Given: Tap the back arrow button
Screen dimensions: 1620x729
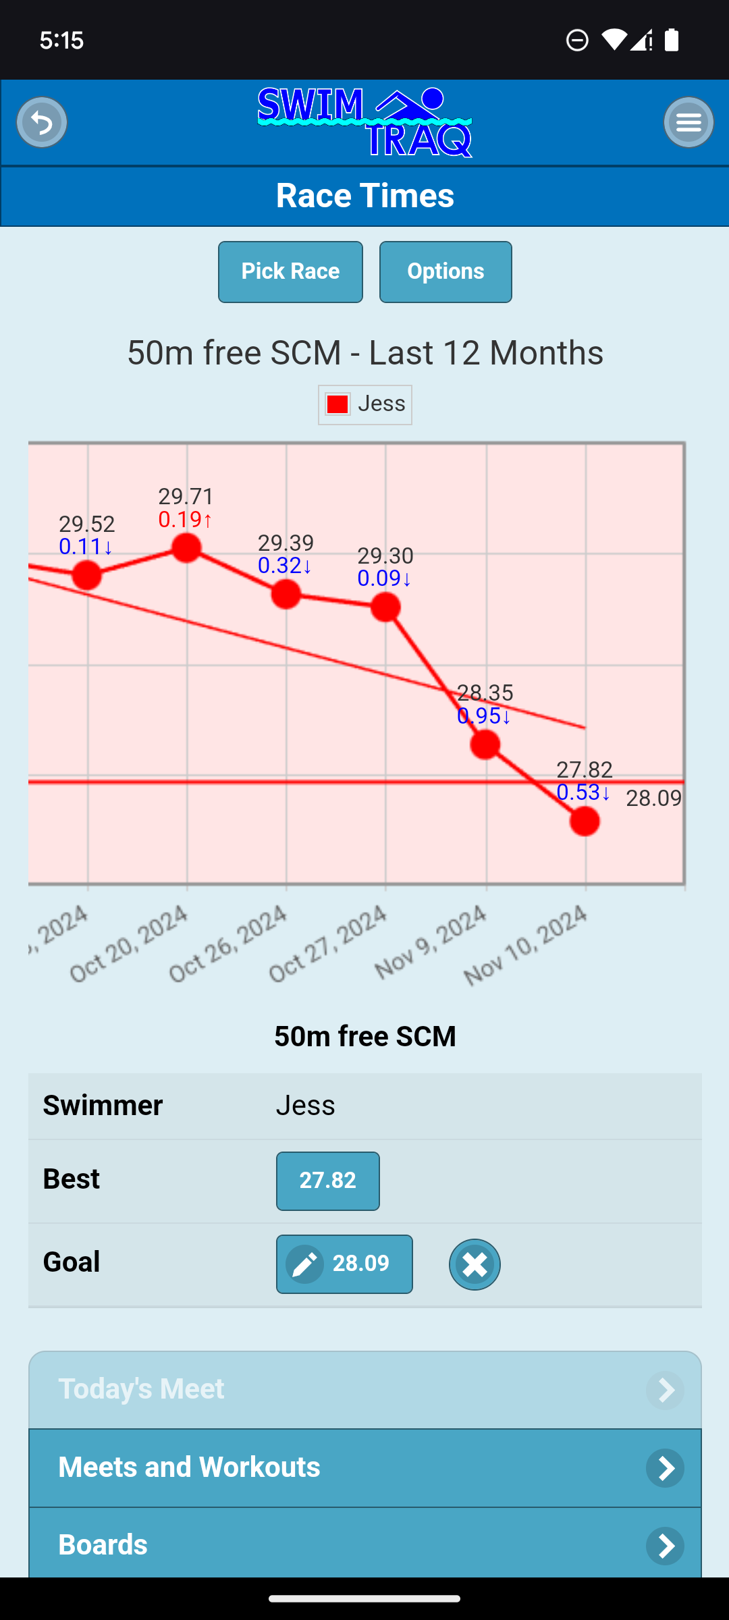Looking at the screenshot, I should pyautogui.click(x=42, y=123).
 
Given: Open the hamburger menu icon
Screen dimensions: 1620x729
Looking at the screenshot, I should pyautogui.click(x=688, y=123).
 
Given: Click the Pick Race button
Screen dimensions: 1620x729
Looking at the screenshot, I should pyautogui.click(x=290, y=272).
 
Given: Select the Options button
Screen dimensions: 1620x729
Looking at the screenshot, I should pyautogui.click(x=446, y=272).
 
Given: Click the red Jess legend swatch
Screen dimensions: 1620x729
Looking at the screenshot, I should pyautogui.click(x=337, y=404).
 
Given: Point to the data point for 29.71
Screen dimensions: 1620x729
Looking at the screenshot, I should pyautogui.click(x=186, y=547).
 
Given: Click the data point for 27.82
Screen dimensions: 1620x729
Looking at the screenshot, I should pyautogui.click(x=585, y=821).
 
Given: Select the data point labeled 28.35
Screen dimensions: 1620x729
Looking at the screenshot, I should pyautogui.click(x=485, y=745).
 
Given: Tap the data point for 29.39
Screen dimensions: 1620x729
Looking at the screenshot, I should pyautogui.click(x=286, y=594).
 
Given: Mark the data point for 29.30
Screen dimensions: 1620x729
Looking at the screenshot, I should pyautogui.click(x=385, y=607).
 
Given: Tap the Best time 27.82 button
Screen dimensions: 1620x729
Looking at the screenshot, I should pyautogui.click(x=327, y=1181).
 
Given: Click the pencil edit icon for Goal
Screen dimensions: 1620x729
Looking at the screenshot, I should pyautogui.click(x=305, y=1264).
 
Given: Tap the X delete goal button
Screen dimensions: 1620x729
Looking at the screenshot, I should pyautogui.click(x=475, y=1264).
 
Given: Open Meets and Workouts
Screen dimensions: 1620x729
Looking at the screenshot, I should pyautogui.click(x=364, y=1467).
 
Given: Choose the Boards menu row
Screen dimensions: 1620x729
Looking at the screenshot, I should pyautogui.click(x=364, y=1544).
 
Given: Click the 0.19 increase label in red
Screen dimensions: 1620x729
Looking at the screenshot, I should pyautogui.click(x=185, y=520).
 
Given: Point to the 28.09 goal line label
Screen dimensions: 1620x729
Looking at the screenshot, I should pyautogui.click(x=653, y=799).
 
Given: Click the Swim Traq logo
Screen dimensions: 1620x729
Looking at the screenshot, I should pyautogui.click(x=364, y=123).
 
